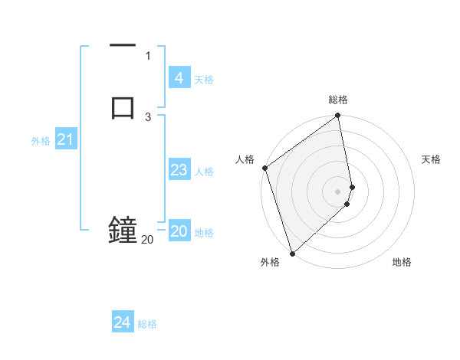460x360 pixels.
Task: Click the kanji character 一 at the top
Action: coord(123,47)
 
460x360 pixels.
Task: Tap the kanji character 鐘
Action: coord(123,231)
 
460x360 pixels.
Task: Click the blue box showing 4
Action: coord(179,77)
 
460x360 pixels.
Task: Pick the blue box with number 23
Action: coord(179,170)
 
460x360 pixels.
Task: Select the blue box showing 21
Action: coord(65,139)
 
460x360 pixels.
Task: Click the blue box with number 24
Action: coord(123,322)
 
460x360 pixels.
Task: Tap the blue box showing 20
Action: coord(179,231)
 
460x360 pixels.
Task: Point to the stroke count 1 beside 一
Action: coord(148,55)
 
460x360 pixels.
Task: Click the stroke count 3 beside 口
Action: coord(148,116)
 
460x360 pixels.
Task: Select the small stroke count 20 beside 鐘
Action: coord(147,240)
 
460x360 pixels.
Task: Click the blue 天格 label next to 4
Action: coord(204,79)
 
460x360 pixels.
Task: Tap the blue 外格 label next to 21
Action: coord(40,141)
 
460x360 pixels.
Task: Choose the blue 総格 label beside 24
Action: coord(148,324)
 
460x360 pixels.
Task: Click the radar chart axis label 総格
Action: coord(338,100)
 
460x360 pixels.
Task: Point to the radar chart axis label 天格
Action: coord(432,159)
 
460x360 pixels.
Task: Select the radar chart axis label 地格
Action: coord(402,262)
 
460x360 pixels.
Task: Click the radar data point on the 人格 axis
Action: coord(264,168)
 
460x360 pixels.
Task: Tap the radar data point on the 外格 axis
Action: coord(291,253)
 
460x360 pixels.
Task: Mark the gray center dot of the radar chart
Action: coord(338,191)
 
